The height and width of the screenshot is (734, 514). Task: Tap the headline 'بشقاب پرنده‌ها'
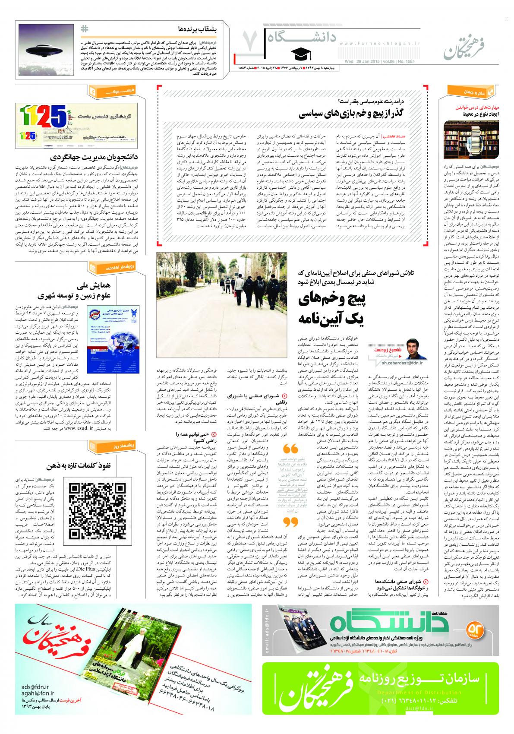point(193,29)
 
